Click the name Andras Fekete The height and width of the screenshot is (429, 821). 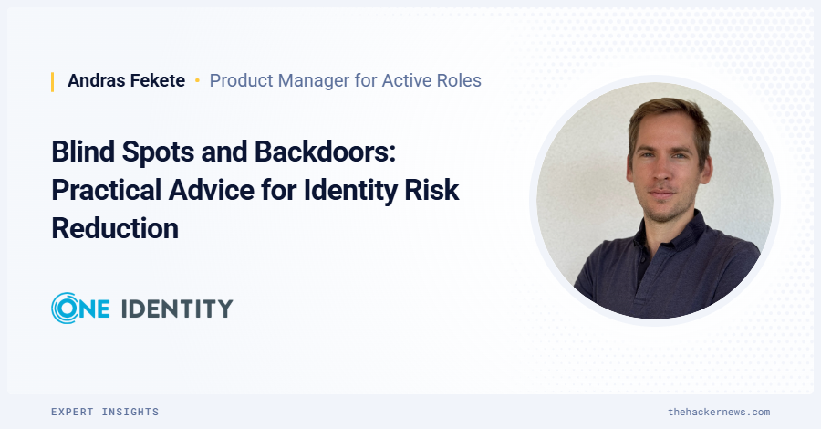126,80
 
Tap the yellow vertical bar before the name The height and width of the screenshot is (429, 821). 52,82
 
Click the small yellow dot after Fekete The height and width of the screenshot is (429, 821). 197,80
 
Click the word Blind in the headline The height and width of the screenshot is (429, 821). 83,152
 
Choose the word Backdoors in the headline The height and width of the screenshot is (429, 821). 325,152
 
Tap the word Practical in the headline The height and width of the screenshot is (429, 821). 106,190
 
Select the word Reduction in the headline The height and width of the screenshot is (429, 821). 115,229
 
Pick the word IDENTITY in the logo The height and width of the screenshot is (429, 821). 177,309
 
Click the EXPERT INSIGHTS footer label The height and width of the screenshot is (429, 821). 105,412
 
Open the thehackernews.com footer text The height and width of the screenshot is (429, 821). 719,412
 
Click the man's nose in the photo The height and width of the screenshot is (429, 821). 662,172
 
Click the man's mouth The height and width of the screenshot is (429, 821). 661,194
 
